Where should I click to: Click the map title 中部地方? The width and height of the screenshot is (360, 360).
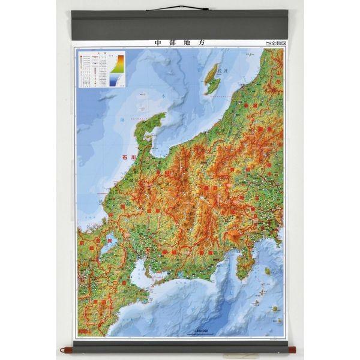(x=179, y=43)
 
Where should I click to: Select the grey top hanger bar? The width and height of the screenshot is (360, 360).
(x=179, y=25)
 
